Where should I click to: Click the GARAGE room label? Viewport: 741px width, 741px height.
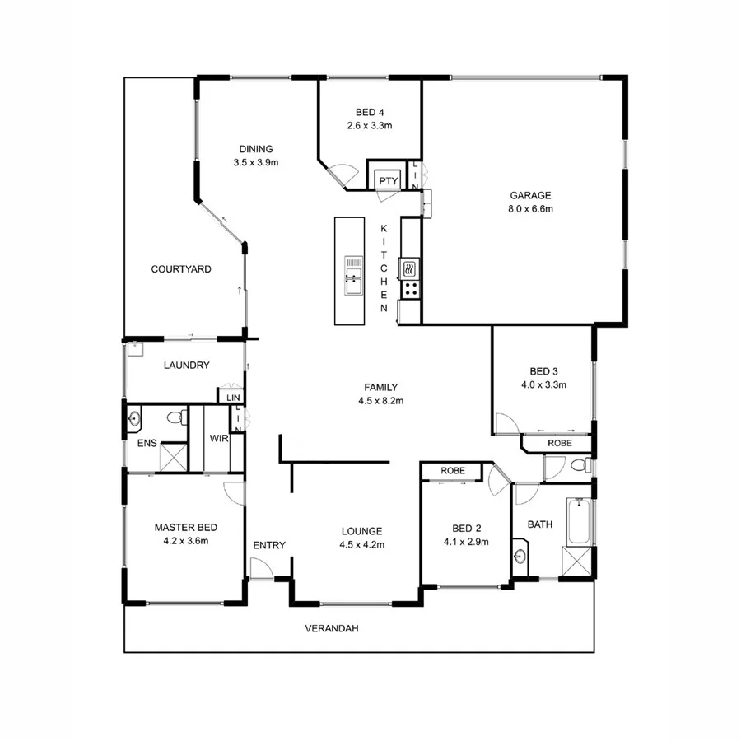[x=530, y=196]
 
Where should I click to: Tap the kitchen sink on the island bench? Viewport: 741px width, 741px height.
[x=353, y=275]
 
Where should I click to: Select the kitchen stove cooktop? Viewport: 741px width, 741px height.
[x=410, y=289]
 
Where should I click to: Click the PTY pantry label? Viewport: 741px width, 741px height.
[x=388, y=181]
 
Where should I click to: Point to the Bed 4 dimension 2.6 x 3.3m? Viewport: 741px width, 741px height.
[x=370, y=126]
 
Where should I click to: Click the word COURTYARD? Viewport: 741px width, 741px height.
[x=181, y=269]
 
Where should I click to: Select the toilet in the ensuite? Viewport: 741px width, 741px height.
[x=175, y=419]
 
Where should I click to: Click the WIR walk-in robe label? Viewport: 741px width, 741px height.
[x=218, y=439]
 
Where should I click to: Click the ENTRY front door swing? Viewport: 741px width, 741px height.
[x=263, y=568]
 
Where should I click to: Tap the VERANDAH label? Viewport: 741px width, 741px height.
[x=332, y=629]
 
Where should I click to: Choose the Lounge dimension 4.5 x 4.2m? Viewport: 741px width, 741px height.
[x=362, y=544]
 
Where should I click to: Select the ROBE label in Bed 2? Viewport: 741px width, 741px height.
[x=452, y=471]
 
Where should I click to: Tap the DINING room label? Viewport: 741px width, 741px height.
[x=256, y=149]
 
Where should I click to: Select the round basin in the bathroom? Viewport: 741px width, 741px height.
[x=520, y=556]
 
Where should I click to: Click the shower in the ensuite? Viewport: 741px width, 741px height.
[x=173, y=457]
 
